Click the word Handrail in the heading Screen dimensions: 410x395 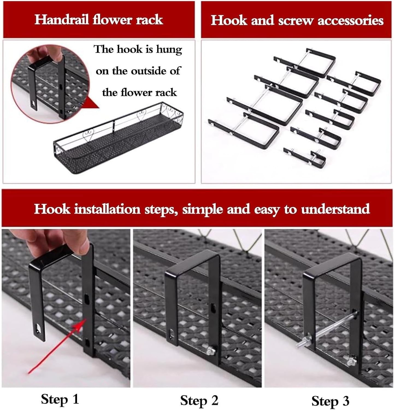click(61, 20)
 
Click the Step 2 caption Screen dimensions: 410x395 click(199, 400)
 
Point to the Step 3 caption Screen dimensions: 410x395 click(330, 401)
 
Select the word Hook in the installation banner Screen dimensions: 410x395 click(52, 209)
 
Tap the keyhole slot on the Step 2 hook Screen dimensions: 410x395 click(213, 309)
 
